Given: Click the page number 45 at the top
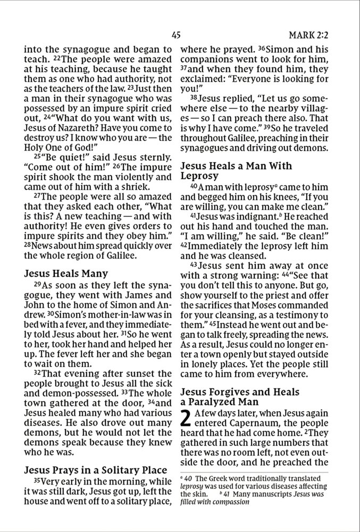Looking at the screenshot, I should click(x=177, y=36).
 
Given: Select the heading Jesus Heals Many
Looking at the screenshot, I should click(x=66, y=274).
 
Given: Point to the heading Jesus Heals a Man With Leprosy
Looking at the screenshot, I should click(x=236, y=170).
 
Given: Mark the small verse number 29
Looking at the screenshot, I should click(x=29, y=286).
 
